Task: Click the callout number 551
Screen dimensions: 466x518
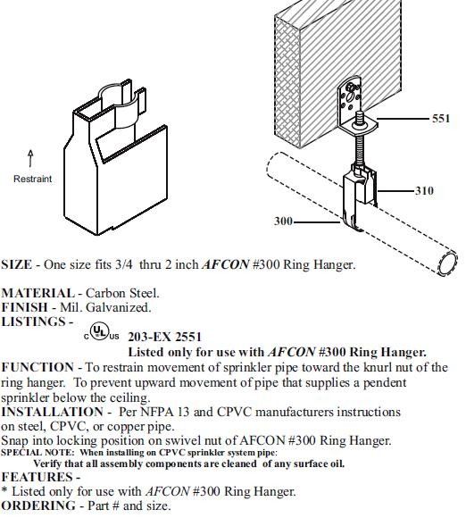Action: point(441,118)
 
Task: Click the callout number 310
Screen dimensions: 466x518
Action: point(424,190)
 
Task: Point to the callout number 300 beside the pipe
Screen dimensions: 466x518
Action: point(283,221)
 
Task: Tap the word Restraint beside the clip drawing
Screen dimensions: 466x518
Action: point(32,179)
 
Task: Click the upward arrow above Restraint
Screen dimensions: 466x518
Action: point(30,158)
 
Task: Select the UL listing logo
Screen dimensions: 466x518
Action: point(100,330)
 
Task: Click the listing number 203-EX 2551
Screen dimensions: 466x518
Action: point(164,337)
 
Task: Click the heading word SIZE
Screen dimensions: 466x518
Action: point(16,264)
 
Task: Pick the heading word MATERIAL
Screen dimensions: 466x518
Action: point(38,293)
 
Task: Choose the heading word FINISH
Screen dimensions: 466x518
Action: point(24,307)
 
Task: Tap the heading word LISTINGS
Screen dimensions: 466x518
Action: point(33,322)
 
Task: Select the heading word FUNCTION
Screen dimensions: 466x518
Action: point(37,367)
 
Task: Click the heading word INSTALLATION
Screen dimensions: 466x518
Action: point(52,412)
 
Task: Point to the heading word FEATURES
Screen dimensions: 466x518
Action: point(37,477)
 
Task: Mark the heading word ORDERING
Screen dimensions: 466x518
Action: point(38,505)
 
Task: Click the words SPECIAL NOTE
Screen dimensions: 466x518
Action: point(37,452)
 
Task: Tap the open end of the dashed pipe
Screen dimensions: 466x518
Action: point(447,263)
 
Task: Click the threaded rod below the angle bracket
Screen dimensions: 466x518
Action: point(358,146)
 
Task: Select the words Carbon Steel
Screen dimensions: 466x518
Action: point(122,293)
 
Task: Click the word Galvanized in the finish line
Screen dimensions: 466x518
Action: point(118,307)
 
